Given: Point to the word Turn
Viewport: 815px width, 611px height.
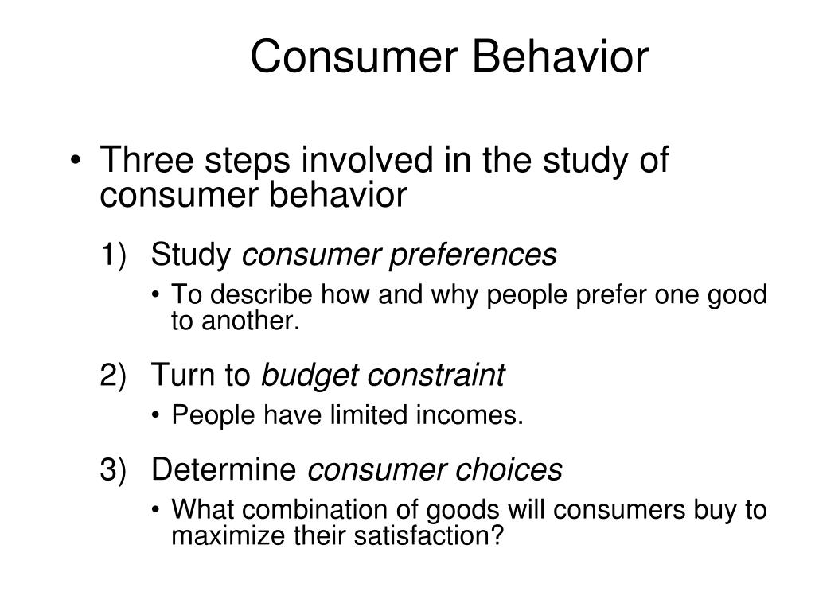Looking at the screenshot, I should pyautogui.click(x=181, y=376).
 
